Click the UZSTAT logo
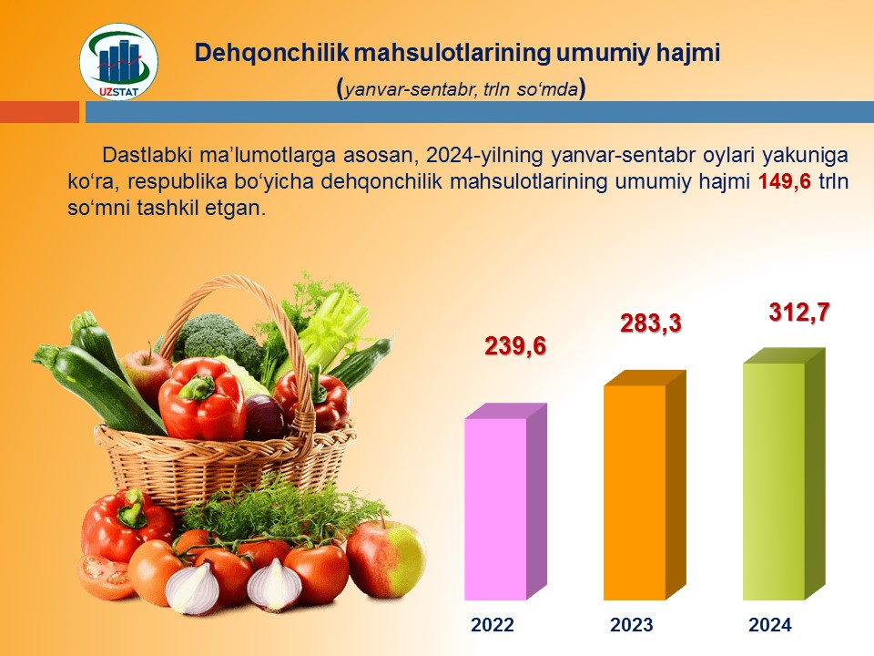click(118, 61)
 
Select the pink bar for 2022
click(505, 501)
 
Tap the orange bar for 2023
click(645, 485)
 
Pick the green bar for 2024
click(784, 474)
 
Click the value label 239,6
click(515, 346)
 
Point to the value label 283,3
click(650, 323)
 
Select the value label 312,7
click(799, 312)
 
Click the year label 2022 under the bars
click(493, 624)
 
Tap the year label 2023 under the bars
click(632, 624)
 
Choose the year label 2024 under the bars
click(770, 624)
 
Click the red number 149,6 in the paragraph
click(785, 182)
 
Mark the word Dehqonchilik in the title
click(271, 53)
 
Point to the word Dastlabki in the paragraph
click(147, 155)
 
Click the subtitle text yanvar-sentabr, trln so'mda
click(462, 89)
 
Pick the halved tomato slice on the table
click(106, 577)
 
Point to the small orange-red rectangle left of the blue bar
click(39, 111)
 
